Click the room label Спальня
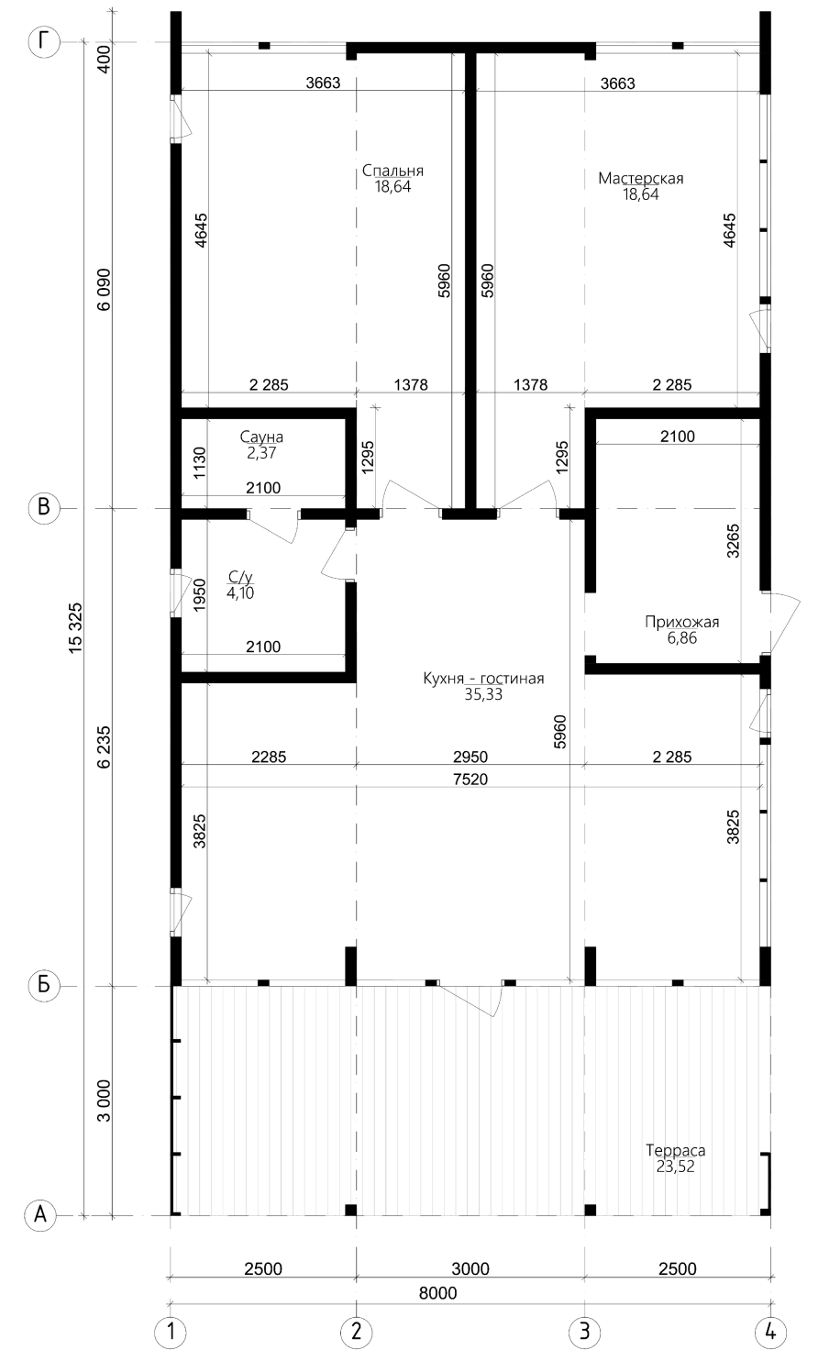pyautogui.click(x=392, y=172)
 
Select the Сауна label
pyautogui.click(x=261, y=437)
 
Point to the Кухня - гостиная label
pyautogui.click(x=483, y=679)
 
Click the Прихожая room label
pyautogui.click(x=682, y=622)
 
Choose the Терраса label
pyautogui.click(x=675, y=1150)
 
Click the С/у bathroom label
pyautogui.click(x=240, y=577)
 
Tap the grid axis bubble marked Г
pyautogui.click(x=44, y=42)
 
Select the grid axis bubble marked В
pyautogui.click(x=44, y=508)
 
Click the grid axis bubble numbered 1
pyautogui.click(x=171, y=1333)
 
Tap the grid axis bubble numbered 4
pyautogui.click(x=770, y=1333)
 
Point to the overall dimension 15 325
pyautogui.click(x=76, y=628)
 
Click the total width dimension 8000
pyautogui.click(x=437, y=1293)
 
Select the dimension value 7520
pyautogui.click(x=470, y=779)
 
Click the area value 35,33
pyautogui.click(x=483, y=694)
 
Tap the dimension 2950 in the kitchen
pyautogui.click(x=470, y=757)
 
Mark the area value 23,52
pyautogui.click(x=675, y=1166)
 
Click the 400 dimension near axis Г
pyautogui.click(x=105, y=59)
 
